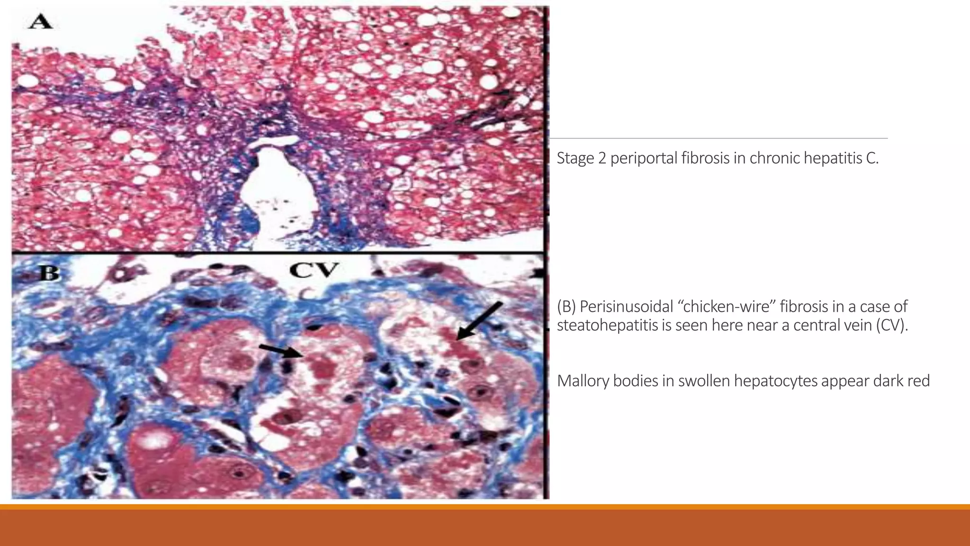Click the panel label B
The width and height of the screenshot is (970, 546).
pyautogui.click(x=49, y=273)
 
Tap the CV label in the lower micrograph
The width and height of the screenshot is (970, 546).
pyautogui.click(x=314, y=270)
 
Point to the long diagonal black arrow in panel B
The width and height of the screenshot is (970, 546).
pyautogui.click(x=479, y=321)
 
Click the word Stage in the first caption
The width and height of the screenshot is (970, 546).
pyautogui.click(x=575, y=158)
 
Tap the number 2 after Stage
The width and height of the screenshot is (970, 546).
pyautogui.click(x=602, y=158)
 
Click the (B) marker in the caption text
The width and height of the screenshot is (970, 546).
pyautogui.click(x=566, y=307)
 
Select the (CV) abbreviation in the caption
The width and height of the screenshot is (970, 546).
pyautogui.click(x=891, y=326)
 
